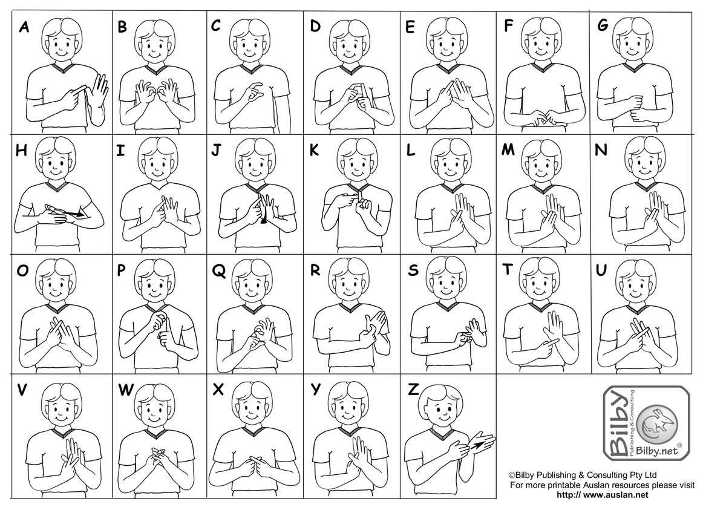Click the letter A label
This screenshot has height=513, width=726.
pyautogui.click(x=24, y=27)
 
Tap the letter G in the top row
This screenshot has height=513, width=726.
pyautogui.click(x=603, y=25)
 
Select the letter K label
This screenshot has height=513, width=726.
pyautogui.click(x=314, y=151)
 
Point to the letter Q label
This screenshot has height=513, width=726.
pyautogui.click(x=219, y=271)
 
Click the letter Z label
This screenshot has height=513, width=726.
pyautogui.click(x=413, y=390)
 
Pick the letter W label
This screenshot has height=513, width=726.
pyautogui.click(x=126, y=390)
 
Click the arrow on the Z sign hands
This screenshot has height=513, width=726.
pyautogui.click(x=477, y=445)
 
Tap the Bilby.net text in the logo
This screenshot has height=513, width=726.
pyautogui.click(x=657, y=451)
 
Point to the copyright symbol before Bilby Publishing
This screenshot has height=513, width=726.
pyautogui.click(x=512, y=475)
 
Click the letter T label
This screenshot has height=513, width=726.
pyautogui.click(x=508, y=269)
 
